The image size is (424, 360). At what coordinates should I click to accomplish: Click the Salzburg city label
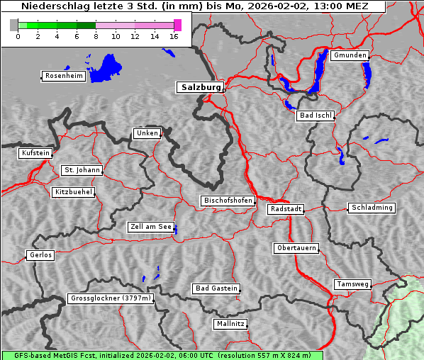(x=199, y=87)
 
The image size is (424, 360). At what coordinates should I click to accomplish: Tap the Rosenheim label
(x=63, y=76)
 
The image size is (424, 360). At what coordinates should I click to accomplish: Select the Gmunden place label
(x=350, y=55)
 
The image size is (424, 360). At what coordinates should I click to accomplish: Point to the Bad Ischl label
(x=315, y=116)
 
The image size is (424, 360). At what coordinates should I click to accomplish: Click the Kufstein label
(x=35, y=153)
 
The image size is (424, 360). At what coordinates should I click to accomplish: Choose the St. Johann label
(x=82, y=170)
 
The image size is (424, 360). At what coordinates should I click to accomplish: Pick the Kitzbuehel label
(x=73, y=192)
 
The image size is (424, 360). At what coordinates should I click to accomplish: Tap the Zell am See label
(x=150, y=227)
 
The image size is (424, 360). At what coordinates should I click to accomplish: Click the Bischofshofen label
(x=228, y=201)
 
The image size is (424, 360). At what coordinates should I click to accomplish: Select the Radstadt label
(x=286, y=209)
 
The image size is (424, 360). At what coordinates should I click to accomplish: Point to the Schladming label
(x=371, y=208)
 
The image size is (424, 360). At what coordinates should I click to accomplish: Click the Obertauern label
(x=296, y=248)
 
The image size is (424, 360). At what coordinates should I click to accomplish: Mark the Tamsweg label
(x=352, y=284)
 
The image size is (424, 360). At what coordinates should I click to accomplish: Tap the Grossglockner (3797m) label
(x=111, y=298)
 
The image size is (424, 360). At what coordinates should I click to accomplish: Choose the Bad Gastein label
(x=216, y=288)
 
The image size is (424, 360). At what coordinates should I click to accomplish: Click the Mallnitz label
(x=230, y=324)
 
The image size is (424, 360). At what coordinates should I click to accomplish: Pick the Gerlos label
(x=40, y=255)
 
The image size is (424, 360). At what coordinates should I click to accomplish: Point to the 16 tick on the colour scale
(x=174, y=36)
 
